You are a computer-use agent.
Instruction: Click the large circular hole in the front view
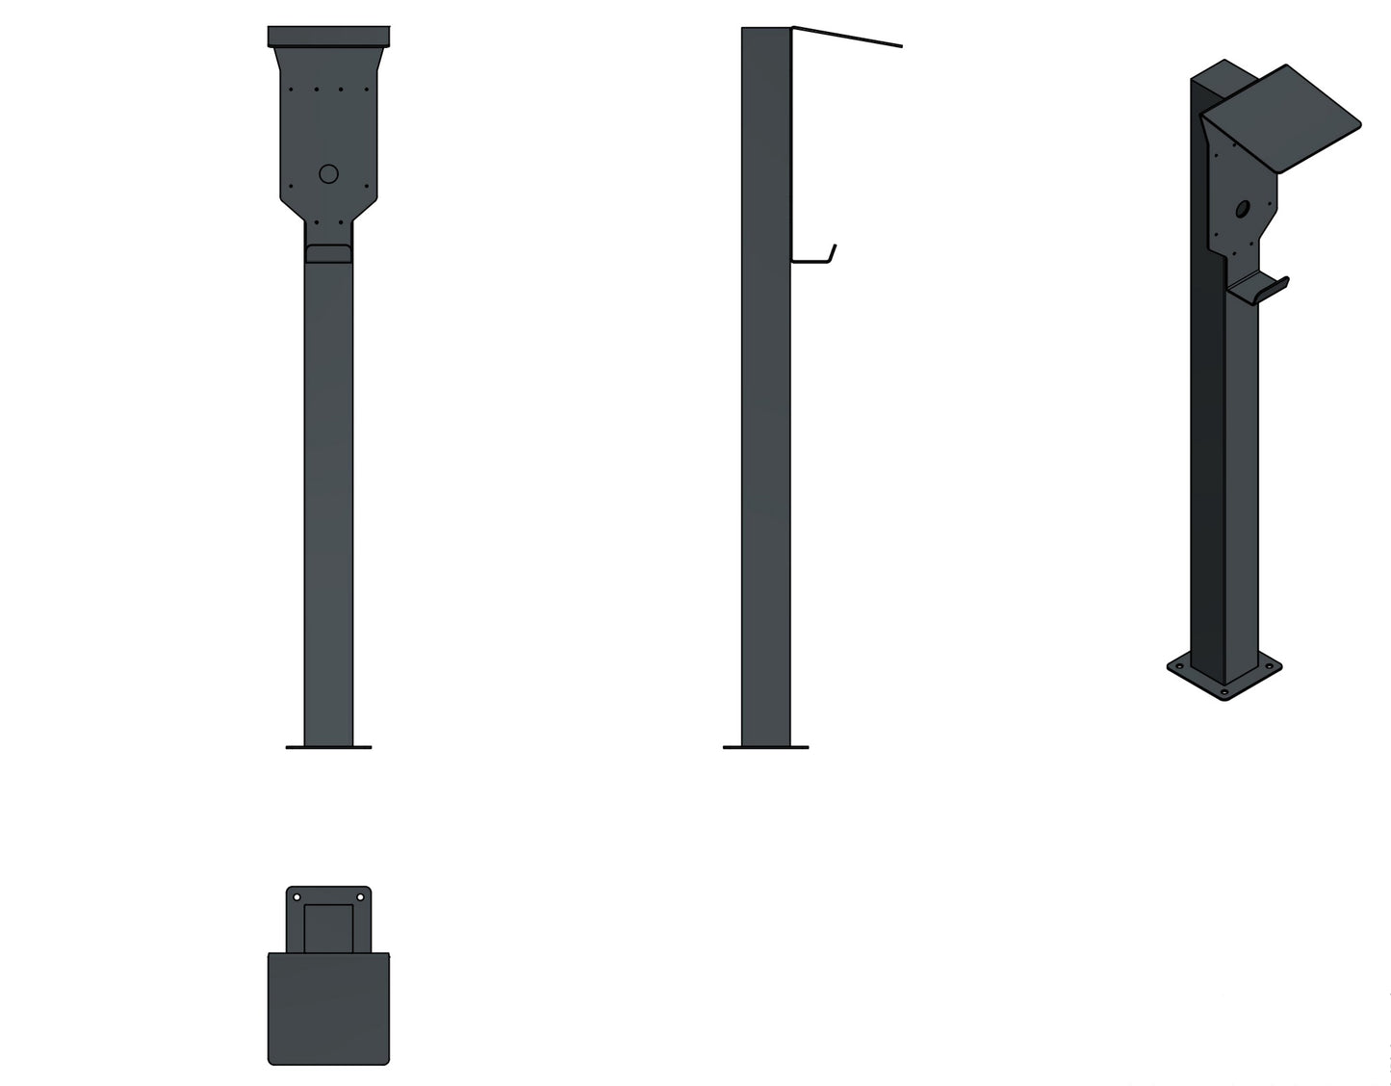328,174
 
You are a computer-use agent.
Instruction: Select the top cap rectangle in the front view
328,37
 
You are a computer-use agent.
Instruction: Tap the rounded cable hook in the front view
328,253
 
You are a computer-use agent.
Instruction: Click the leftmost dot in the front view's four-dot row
292,90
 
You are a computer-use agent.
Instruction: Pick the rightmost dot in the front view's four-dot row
367,90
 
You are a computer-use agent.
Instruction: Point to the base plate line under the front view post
328,747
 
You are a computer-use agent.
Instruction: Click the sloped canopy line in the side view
847,38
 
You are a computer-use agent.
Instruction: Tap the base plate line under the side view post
765,747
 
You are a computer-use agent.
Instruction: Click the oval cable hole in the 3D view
1243,207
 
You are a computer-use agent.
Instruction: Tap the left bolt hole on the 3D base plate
1178,665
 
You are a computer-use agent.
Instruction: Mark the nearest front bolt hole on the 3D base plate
1224,691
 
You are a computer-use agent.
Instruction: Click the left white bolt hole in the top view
296,897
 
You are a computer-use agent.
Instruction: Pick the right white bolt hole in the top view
361,897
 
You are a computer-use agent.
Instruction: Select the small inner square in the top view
328,927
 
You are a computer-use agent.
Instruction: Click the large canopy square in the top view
328,1008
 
